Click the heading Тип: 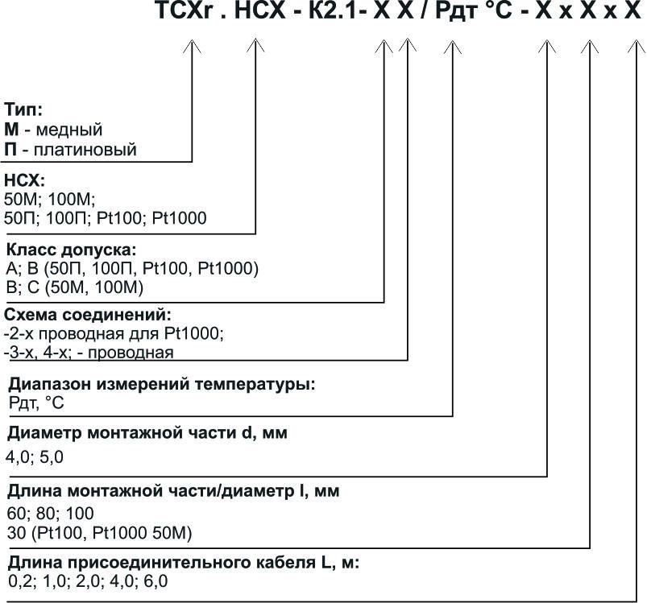[23, 109]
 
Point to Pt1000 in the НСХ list [183, 218]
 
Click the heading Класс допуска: [71, 250]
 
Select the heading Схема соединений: [88, 314]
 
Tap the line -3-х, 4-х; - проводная [89, 352]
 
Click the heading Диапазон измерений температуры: [161, 384]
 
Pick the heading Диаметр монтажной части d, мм [147, 433]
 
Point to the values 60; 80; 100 [51, 513]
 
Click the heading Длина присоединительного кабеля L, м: [183, 562]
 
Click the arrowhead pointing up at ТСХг [192, 47]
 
